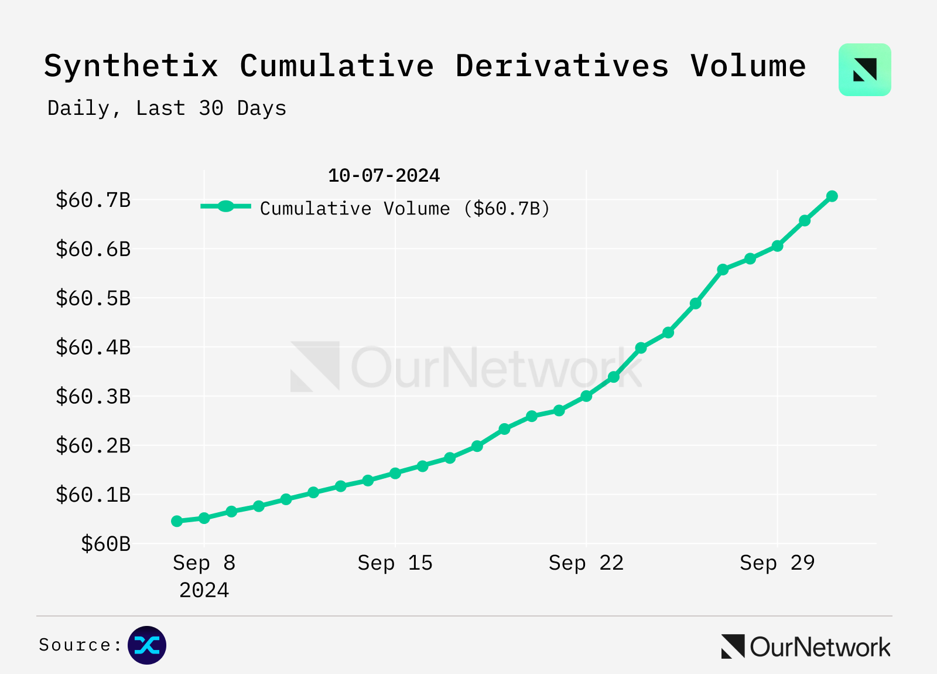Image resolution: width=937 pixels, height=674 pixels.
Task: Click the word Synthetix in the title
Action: (131, 66)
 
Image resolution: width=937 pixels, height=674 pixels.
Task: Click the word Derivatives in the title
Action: (562, 66)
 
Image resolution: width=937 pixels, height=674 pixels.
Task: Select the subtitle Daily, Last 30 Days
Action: (167, 108)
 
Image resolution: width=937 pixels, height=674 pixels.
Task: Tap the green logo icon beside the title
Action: (864, 70)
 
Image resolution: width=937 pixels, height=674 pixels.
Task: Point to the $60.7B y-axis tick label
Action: (93, 200)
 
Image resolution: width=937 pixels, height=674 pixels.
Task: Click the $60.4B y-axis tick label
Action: (93, 348)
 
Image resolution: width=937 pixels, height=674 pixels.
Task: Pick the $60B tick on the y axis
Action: (105, 544)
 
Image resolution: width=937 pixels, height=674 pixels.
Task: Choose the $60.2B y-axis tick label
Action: (93, 446)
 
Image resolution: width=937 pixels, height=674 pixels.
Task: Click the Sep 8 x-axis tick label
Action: (204, 563)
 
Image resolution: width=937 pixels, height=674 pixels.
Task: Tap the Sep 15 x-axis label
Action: (395, 563)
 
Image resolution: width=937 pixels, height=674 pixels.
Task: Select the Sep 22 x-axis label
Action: (586, 563)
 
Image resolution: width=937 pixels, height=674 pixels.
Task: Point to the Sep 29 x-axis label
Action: (777, 563)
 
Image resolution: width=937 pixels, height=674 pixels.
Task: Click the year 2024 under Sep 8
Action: (204, 590)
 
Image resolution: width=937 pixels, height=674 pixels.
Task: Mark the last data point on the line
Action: (832, 196)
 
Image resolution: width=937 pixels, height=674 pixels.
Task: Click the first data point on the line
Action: (177, 521)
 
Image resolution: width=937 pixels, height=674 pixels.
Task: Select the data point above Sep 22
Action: (586, 396)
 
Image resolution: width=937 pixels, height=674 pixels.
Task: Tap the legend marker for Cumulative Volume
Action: (225, 206)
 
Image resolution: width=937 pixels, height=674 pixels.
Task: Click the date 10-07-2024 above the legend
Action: (384, 175)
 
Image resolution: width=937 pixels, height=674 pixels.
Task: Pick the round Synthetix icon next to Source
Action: (147, 645)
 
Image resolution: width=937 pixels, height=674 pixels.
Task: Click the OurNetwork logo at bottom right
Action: (806, 647)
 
